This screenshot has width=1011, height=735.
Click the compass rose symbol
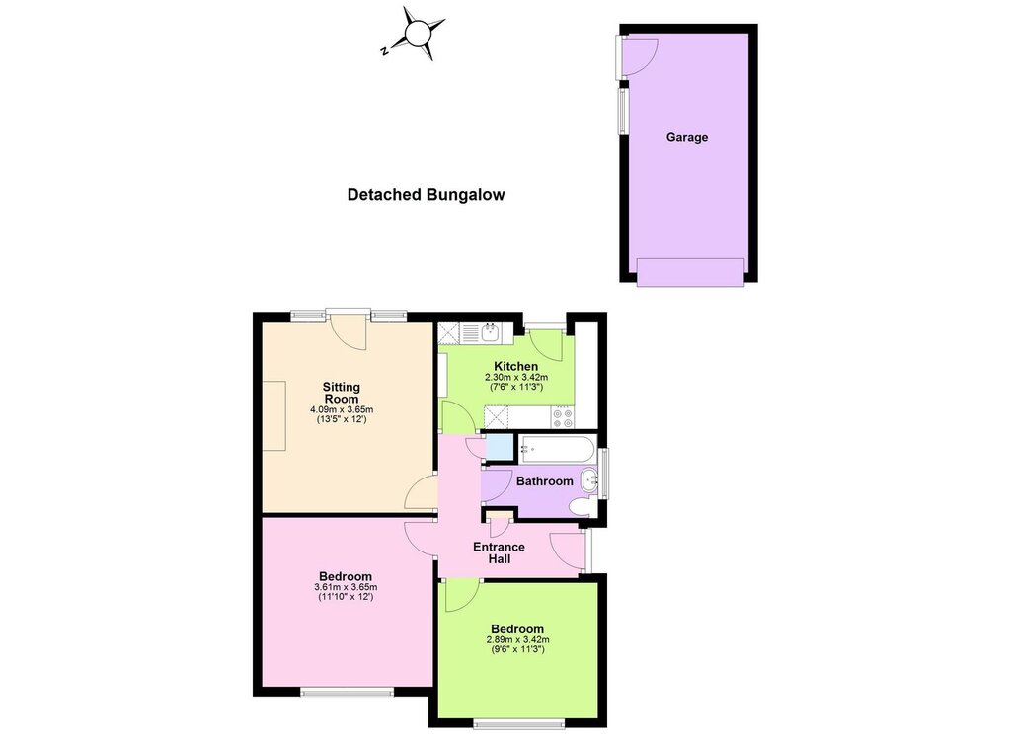(x=417, y=34)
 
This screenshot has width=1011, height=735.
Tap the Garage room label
(x=687, y=137)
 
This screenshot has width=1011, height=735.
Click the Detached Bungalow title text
(x=426, y=195)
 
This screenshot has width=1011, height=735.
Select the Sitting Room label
(x=341, y=393)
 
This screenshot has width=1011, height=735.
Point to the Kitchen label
(x=515, y=366)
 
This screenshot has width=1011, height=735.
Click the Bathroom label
(x=544, y=481)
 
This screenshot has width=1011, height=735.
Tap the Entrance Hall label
(x=499, y=552)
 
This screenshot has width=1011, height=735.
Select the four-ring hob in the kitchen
(x=562, y=416)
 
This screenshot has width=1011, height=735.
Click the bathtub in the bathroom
(x=557, y=449)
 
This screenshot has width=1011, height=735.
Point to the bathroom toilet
(x=581, y=507)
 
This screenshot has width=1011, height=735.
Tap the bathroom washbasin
(x=590, y=479)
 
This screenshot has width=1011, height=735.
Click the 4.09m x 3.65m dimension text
(x=342, y=409)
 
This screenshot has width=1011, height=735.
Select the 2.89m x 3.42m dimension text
(x=517, y=639)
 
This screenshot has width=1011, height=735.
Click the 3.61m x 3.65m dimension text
(x=346, y=587)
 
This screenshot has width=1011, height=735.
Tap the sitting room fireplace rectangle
(x=273, y=415)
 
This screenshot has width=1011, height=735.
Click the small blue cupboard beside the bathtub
(x=499, y=448)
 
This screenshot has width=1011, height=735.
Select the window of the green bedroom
(x=519, y=723)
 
